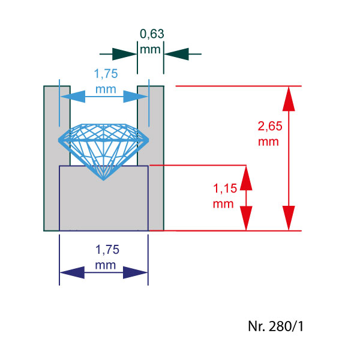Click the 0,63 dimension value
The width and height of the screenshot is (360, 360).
tap(151, 35)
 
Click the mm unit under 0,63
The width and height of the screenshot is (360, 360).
tap(151, 49)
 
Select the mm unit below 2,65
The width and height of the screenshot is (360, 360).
tap(268, 142)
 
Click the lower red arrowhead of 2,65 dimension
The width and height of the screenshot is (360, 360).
tap(289, 220)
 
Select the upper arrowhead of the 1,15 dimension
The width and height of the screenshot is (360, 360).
tap(245, 176)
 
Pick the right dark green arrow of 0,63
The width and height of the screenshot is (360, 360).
tap(176, 53)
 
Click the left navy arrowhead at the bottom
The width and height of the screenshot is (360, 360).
tap(73, 273)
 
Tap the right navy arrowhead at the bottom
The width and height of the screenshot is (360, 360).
tap(135, 273)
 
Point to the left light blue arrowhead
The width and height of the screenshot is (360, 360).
tap(71, 96)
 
